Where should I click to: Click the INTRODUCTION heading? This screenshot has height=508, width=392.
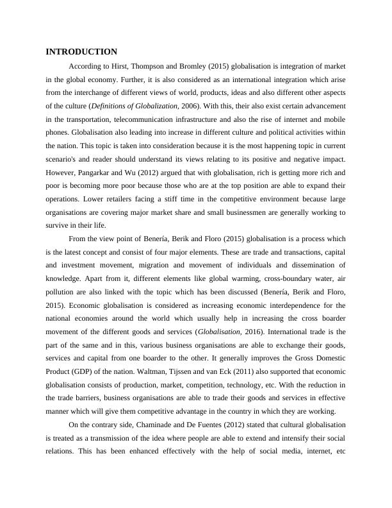point(81,51)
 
